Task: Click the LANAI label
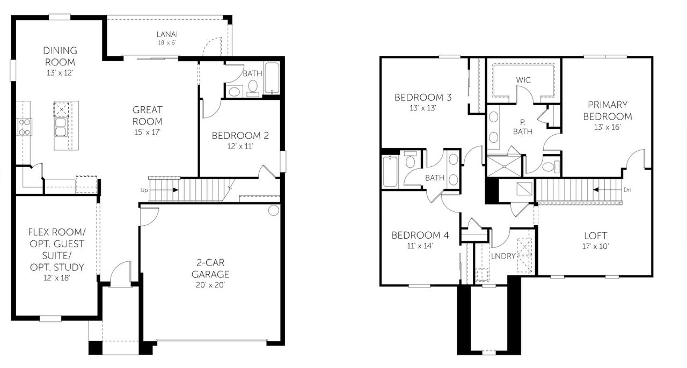tap(166, 35)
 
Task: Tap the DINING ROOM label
tap(60, 56)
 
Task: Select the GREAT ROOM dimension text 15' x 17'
tap(148, 131)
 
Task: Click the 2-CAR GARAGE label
tap(212, 269)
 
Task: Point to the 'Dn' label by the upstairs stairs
tap(628, 189)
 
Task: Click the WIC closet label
tap(523, 80)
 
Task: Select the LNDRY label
tap(503, 256)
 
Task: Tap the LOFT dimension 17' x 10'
tap(595, 246)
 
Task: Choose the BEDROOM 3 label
tap(423, 98)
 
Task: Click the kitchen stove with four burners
tap(25, 128)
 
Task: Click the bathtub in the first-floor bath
tap(273, 79)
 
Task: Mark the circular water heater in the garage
tap(274, 210)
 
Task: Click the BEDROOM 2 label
tap(240, 135)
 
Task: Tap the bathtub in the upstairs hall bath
tap(390, 171)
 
